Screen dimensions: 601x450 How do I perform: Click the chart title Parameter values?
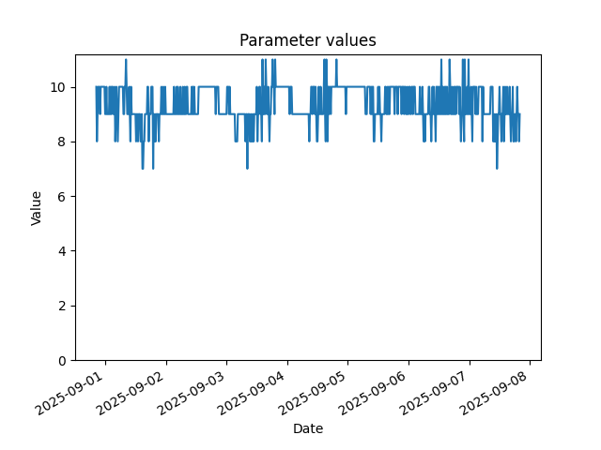(308, 40)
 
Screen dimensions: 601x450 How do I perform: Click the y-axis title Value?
(36, 208)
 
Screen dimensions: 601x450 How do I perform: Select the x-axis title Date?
(308, 428)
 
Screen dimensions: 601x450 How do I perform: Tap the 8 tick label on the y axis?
(62, 142)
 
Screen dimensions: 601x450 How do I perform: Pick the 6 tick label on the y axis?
(62, 197)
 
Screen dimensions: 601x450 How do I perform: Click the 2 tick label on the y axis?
(62, 307)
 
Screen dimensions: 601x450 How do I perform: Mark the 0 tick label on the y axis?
(62, 361)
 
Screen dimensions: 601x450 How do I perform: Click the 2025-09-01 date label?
(70, 393)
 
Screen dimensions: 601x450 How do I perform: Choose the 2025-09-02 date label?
(131, 393)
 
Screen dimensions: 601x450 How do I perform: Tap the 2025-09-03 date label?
(192, 393)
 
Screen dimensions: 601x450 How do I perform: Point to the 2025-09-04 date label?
(252, 393)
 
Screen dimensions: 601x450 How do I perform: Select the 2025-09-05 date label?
(313, 393)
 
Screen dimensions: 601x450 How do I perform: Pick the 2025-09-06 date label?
(373, 393)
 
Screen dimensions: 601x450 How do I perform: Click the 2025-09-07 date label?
(434, 393)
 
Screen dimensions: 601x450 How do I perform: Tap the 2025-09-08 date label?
(494, 393)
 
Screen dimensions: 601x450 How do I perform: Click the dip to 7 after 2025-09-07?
(497, 168)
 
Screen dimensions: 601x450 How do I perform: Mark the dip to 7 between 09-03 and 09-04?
(247, 168)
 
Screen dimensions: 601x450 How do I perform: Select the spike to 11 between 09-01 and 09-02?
(126, 60)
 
